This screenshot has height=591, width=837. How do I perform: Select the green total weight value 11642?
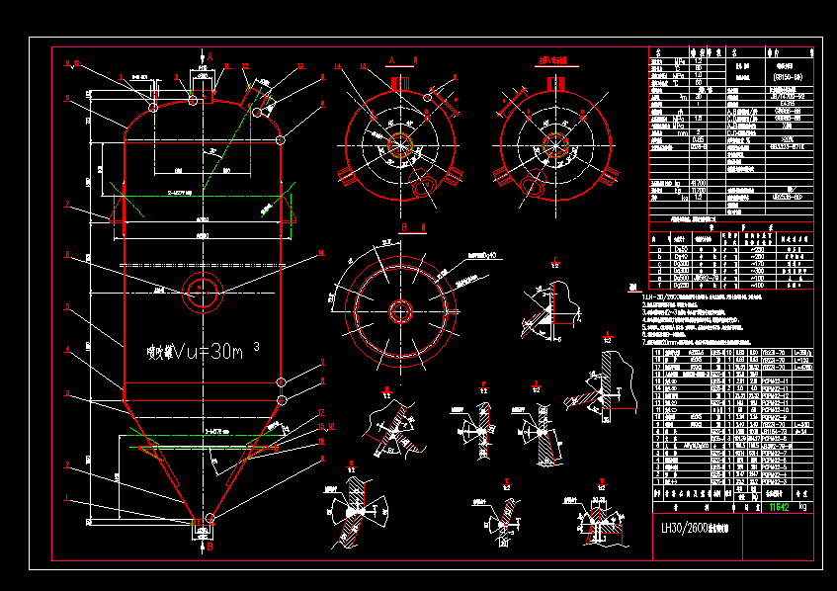tap(778, 508)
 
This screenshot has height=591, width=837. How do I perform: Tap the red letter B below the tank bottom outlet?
tap(209, 546)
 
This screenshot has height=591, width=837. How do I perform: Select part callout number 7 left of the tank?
tap(67, 205)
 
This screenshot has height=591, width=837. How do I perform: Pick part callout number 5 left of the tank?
tap(67, 306)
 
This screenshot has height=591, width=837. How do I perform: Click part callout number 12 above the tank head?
tap(245, 66)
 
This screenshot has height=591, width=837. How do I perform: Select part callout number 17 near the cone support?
tap(321, 411)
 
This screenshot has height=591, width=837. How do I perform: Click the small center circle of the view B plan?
tap(400, 310)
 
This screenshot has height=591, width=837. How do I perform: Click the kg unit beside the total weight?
tap(801, 508)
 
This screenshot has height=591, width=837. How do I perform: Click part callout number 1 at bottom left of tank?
tap(67, 497)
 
